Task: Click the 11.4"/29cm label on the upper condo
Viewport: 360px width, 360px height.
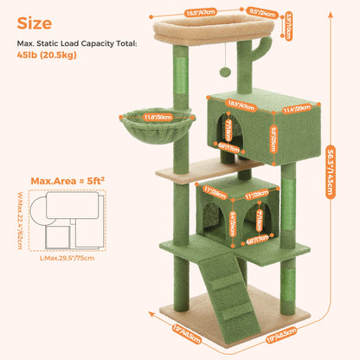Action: point(295,110)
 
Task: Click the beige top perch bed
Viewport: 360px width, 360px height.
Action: point(195,33)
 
